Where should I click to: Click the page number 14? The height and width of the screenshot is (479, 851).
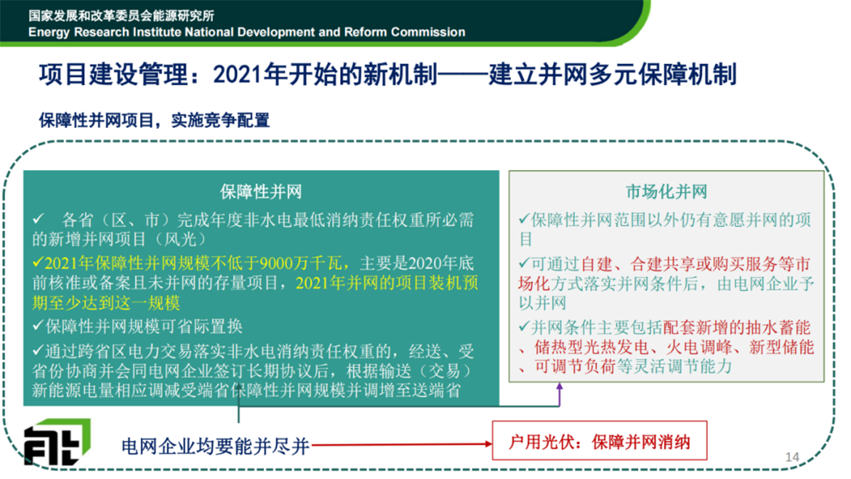[x=792, y=457]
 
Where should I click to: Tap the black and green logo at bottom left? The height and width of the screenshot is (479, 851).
[x=57, y=441]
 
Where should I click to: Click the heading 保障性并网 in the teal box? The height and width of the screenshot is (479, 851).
[x=260, y=191]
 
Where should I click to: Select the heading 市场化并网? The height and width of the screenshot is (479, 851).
[x=666, y=191]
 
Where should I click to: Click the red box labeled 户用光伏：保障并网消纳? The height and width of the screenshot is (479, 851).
[x=599, y=441]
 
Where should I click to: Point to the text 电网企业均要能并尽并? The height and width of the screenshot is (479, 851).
[x=216, y=446]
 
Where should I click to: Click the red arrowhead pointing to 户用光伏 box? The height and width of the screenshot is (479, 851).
[x=488, y=443]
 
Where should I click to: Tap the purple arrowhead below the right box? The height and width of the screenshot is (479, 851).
[x=559, y=386]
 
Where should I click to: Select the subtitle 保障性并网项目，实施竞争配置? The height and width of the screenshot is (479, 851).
[x=154, y=120]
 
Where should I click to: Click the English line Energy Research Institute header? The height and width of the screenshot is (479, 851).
[x=247, y=32]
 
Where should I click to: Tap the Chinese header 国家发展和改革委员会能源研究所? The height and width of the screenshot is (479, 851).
[x=122, y=15]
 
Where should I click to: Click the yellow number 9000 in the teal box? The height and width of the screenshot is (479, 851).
[x=277, y=263]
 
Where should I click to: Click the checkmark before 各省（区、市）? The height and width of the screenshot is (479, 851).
[x=38, y=219]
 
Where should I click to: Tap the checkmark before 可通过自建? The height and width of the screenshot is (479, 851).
[x=524, y=263]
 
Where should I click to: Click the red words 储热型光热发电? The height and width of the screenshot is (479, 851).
[x=591, y=347]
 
